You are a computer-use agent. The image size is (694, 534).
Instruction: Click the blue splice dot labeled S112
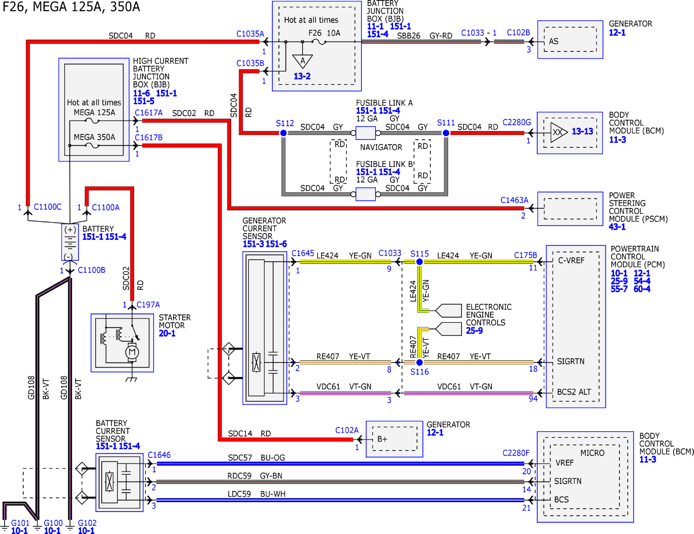point(283,133)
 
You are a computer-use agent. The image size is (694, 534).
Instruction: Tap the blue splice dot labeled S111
point(446,133)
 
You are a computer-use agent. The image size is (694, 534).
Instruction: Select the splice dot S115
point(419,262)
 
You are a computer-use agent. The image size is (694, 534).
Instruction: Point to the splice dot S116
point(419,362)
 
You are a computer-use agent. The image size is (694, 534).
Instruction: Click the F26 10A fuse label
point(324,33)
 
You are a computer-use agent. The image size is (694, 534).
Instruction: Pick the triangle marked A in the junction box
point(302,61)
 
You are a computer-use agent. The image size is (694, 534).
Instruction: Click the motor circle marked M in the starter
point(132,352)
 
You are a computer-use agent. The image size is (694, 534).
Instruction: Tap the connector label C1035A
point(250,34)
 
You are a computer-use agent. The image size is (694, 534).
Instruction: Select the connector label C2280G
point(516,122)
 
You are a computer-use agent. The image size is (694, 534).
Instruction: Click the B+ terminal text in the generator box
point(382,439)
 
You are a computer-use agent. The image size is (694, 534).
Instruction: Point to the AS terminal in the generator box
point(553,41)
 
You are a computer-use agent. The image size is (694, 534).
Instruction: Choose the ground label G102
point(87,523)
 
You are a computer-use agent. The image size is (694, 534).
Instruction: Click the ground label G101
point(20,523)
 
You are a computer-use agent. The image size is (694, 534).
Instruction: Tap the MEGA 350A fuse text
point(94,137)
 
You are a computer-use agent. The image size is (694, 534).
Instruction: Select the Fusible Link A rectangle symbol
point(366,133)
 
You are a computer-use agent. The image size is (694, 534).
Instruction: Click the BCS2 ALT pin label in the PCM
point(574,392)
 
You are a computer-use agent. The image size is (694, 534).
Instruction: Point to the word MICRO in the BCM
point(592,453)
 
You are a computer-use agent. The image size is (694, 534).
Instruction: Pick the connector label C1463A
point(514,200)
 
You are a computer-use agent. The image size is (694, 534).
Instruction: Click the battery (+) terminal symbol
point(70,230)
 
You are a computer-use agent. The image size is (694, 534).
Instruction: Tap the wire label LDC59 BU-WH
point(256,494)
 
